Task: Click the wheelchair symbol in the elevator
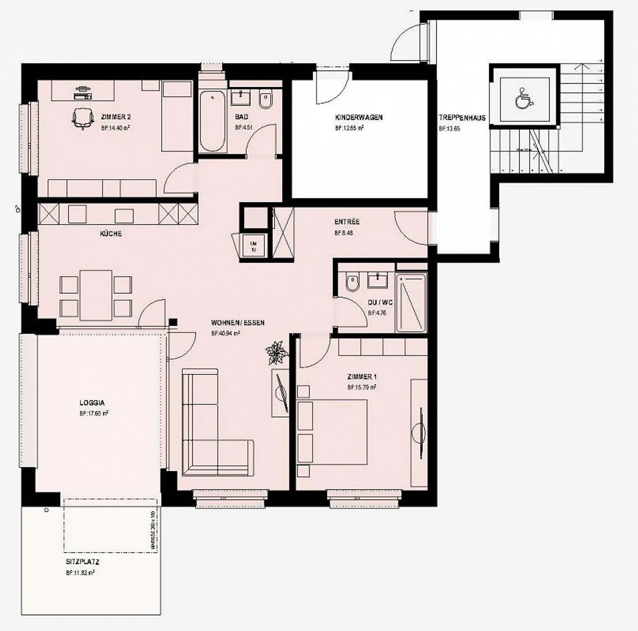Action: (x=524, y=98)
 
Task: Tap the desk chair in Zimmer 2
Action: (x=83, y=118)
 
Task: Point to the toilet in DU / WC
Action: (x=353, y=283)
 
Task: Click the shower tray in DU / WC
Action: (x=411, y=303)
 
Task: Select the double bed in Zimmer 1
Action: (x=332, y=432)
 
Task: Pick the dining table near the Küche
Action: (x=96, y=295)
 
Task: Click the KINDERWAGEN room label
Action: (x=358, y=118)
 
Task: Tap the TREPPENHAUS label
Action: (x=462, y=118)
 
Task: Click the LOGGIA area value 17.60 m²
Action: (x=94, y=413)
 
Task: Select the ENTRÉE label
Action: (x=346, y=222)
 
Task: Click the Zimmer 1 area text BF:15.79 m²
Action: (x=362, y=387)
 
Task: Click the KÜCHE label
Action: (x=111, y=234)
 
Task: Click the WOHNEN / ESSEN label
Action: (x=237, y=323)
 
